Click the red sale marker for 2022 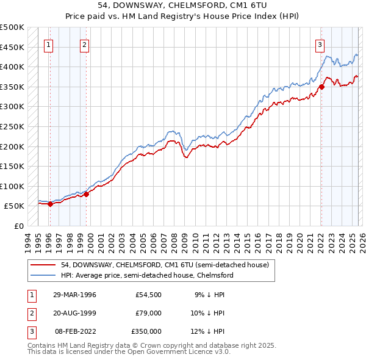[321, 87]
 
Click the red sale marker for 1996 [50, 204]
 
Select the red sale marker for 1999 [86, 195]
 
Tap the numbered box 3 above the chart [320, 44]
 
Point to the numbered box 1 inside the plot [48, 44]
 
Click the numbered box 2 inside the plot [84, 44]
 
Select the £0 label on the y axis [18, 226]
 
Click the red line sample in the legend [43, 265]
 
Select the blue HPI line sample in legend [43, 275]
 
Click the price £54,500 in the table [148, 295]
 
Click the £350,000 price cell [146, 331]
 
